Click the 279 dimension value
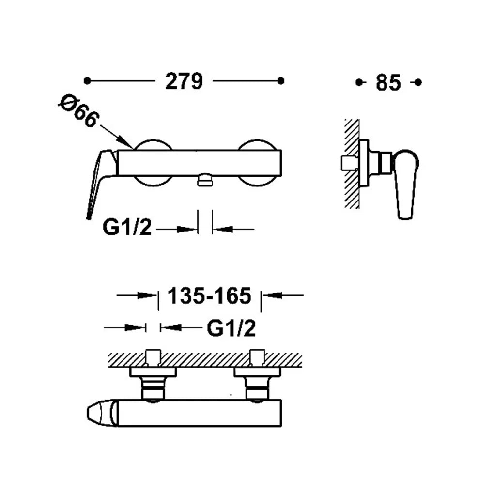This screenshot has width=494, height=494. click(x=184, y=81)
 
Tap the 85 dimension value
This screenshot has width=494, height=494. click(x=388, y=82)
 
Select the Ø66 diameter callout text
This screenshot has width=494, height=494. click(x=79, y=111)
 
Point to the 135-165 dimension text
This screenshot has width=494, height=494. click(x=209, y=296)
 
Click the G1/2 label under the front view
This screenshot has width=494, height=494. click(x=127, y=227)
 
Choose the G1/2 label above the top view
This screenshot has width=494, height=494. click(x=231, y=328)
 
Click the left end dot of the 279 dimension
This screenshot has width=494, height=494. click(x=87, y=81)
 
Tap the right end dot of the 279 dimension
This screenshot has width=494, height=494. click(x=281, y=81)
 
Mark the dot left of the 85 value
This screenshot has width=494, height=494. click(x=359, y=82)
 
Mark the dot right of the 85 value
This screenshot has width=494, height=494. click(x=418, y=82)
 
